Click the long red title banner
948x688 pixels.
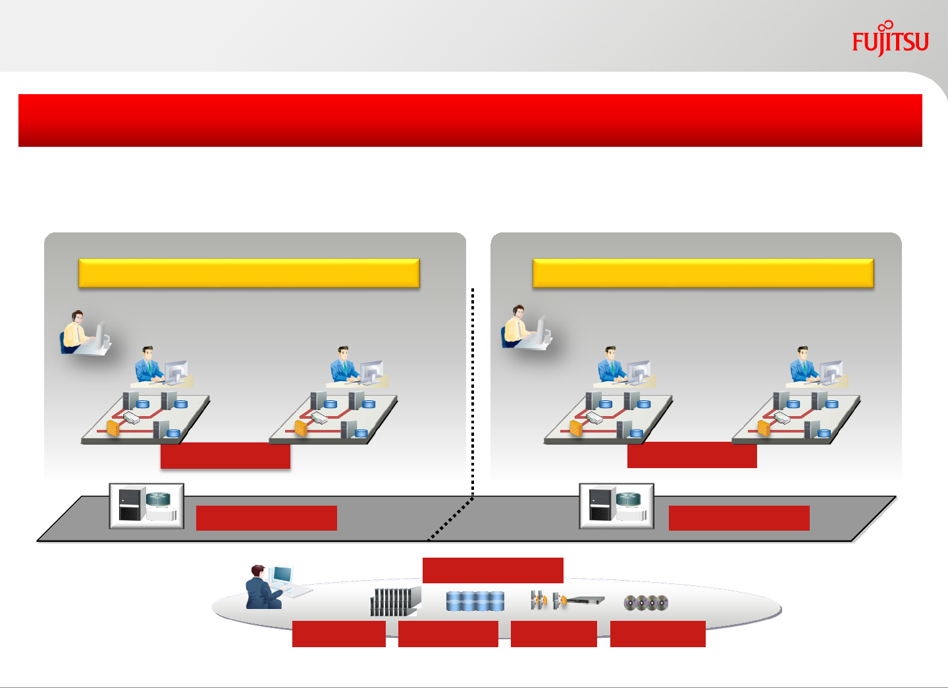coord(470,120)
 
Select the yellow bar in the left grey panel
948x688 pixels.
coord(249,273)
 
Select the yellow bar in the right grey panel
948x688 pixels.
coord(702,273)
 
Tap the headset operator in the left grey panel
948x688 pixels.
coord(82,332)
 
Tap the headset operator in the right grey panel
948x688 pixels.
coord(525,327)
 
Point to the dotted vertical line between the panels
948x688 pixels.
coord(473,388)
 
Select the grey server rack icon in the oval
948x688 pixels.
coord(394,602)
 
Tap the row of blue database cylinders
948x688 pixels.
coord(475,600)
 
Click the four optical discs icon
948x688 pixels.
coord(646,602)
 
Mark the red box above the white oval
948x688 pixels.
coord(492,570)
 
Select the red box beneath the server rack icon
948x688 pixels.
coord(338,633)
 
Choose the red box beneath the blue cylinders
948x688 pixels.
coord(448,633)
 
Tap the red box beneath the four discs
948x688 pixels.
coord(658,633)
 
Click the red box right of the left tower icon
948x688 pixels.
coord(266,517)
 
